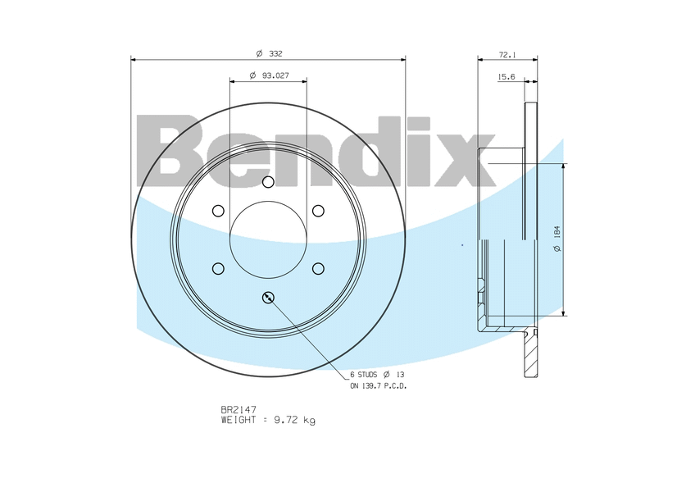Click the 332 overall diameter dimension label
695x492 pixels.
270,53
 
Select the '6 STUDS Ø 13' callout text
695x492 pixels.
376,374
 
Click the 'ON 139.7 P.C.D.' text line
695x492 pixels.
378,385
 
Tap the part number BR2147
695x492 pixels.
238,409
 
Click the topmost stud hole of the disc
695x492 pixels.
268,182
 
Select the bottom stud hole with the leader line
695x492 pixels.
268,298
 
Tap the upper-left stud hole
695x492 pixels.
218,211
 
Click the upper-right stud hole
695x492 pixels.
318,211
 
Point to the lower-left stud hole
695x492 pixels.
218,268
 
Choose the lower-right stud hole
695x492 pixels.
318,268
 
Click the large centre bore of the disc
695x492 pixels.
268,239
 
